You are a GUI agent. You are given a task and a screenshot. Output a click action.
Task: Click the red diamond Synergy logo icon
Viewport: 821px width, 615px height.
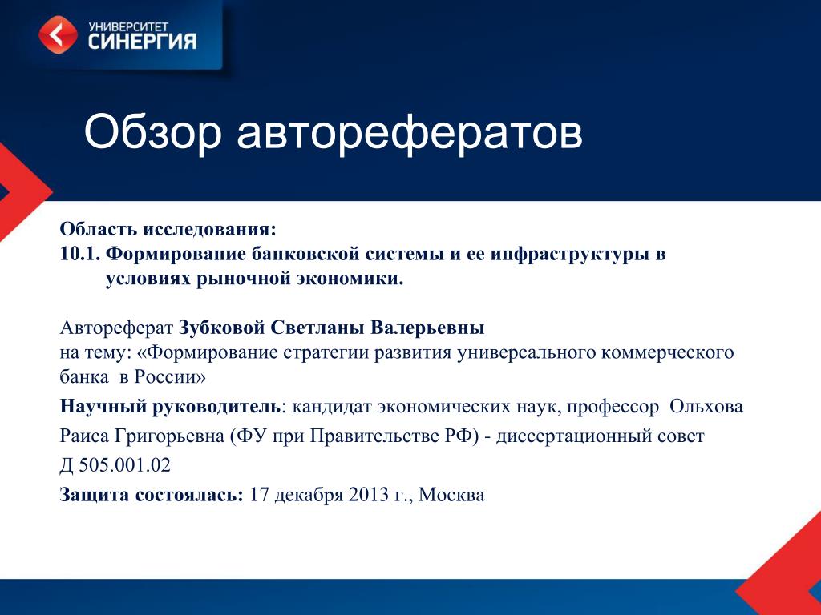pyautogui.click(x=58, y=35)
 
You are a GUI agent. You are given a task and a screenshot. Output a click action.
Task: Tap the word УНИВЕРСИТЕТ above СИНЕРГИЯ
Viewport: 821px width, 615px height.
pyautogui.click(x=128, y=26)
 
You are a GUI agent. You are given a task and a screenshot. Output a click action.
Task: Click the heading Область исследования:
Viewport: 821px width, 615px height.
pyautogui.click(x=168, y=229)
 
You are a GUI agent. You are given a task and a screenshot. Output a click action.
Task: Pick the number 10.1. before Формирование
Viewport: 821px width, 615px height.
pyautogui.click(x=80, y=254)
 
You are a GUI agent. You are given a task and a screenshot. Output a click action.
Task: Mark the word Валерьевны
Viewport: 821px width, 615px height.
pyautogui.click(x=427, y=328)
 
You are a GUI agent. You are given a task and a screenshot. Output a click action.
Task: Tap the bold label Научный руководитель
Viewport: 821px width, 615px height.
pyautogui.click(x=170, y=407)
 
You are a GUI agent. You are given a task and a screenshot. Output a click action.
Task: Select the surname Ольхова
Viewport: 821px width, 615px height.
pyautogui.click(x=706, y=406)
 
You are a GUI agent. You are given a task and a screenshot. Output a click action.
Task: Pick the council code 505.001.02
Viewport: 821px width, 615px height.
pyautogui.click(x=124, y=465)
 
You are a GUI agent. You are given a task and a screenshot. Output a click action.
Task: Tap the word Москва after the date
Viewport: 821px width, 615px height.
pyautogui.click(x=451, y=495)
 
